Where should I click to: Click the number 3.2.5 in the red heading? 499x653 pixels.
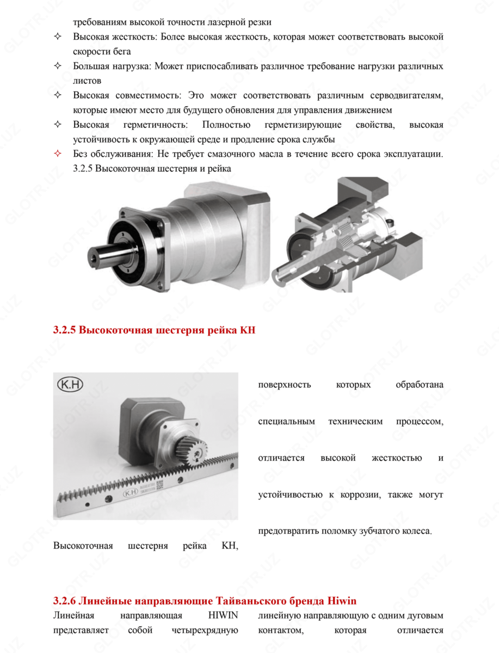click(65, 330)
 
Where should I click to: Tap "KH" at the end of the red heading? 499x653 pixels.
click(247, 330)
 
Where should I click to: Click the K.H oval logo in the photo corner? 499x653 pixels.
click(69, 385)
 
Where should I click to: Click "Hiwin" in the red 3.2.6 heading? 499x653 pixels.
click(342, 601)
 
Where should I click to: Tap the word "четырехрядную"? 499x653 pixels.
click(211, 631)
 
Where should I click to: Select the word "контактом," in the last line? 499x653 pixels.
click(276, 631)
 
